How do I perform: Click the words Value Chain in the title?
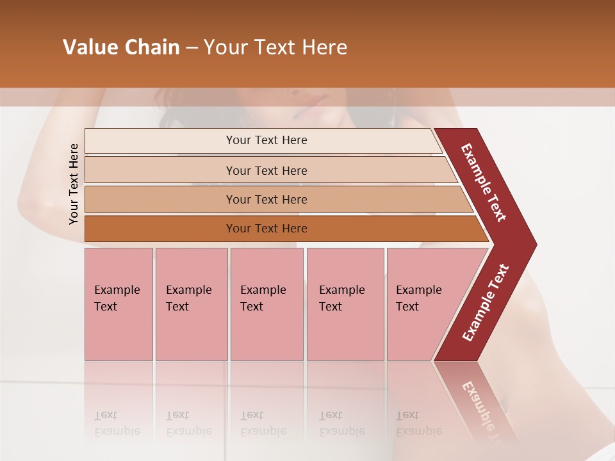pyautogui.click(x=121, y=47)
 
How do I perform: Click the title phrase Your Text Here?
pyautogui.click(x=275, y=47)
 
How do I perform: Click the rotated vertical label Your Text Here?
pyautogui.click(x=74, y=184)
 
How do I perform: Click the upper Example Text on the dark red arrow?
pyautogui.click(x=484, y=182)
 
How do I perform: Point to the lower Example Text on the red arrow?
pyautogui.click(x=486, y=303)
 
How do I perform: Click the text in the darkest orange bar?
pyautogui.click(x=266, y=229)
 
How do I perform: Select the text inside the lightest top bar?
pyautogui.click(x=266, y=140)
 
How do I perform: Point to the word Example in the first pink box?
pyautogui.click(x=117, y=290)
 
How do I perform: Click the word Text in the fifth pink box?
pyautogui.click(x=407, y=307)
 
